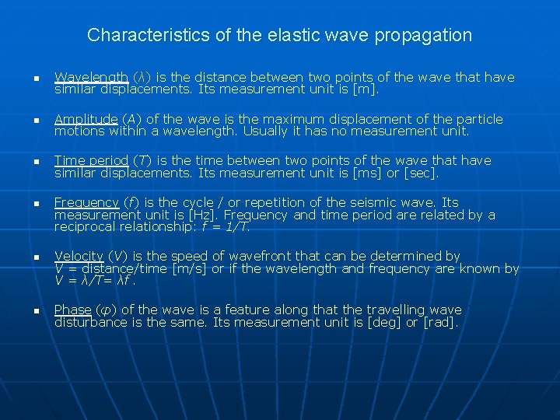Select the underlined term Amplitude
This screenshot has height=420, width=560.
[86, 119]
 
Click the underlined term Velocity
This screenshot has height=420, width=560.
[79, 256]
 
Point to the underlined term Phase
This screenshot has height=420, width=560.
[72, 310]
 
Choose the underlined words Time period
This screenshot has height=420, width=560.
[90, 160]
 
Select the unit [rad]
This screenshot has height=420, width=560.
[440, 321]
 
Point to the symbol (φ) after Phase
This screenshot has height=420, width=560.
[105, 310]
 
